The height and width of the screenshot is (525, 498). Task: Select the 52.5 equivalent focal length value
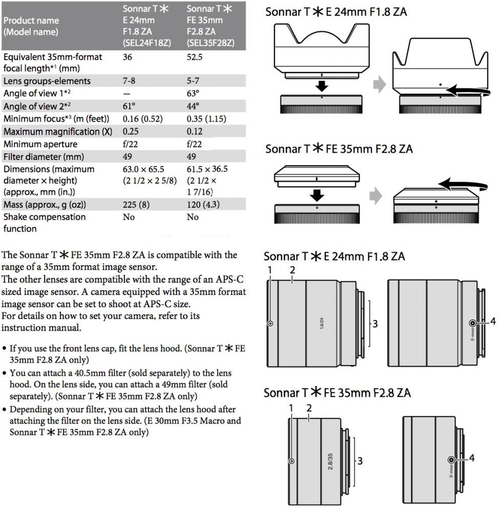pyautogui.click(x=195, y=57)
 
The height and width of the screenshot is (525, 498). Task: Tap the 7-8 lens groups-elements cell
pyautogui.click(x=130, y=81)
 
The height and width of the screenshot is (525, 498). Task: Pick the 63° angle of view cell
pyautogui.click(x=193, y=92)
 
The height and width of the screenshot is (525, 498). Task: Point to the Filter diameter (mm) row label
pyautogui.click(x=44, y=157)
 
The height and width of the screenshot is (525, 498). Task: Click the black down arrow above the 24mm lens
pyautogui.click(x=321, y=83)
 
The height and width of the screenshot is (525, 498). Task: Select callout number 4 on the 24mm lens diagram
pyautogui.click(x=493, y=321)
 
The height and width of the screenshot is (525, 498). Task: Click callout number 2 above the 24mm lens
pyautogui.click(x=292, y=270)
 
